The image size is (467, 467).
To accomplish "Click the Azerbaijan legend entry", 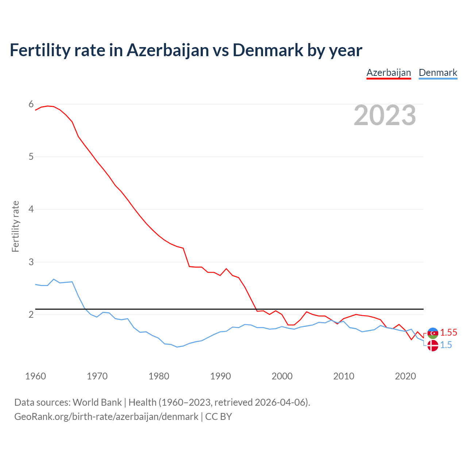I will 389,73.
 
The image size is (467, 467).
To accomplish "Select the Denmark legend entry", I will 438,73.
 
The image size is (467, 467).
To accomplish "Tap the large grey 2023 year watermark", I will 385,115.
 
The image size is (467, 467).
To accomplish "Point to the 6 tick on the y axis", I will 31,104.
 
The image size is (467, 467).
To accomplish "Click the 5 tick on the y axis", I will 31,157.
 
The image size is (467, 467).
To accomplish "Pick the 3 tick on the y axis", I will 31,262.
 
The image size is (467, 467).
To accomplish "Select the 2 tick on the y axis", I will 31,314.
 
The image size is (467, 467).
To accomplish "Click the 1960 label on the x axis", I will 35,376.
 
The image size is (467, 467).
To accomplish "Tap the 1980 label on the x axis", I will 159,376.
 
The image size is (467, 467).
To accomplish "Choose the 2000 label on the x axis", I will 282,376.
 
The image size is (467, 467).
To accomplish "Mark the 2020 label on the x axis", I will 405,376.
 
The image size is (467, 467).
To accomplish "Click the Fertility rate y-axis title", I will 15,226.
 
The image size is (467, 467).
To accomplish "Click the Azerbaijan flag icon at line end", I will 433,333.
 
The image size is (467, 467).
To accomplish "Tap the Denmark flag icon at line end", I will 433,345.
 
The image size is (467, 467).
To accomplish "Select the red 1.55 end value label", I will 448,332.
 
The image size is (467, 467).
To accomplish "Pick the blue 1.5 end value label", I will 446,345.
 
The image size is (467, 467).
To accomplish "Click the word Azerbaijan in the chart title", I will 168,50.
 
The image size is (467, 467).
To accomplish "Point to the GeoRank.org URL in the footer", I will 106,416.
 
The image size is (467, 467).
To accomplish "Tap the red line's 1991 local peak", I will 226,269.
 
